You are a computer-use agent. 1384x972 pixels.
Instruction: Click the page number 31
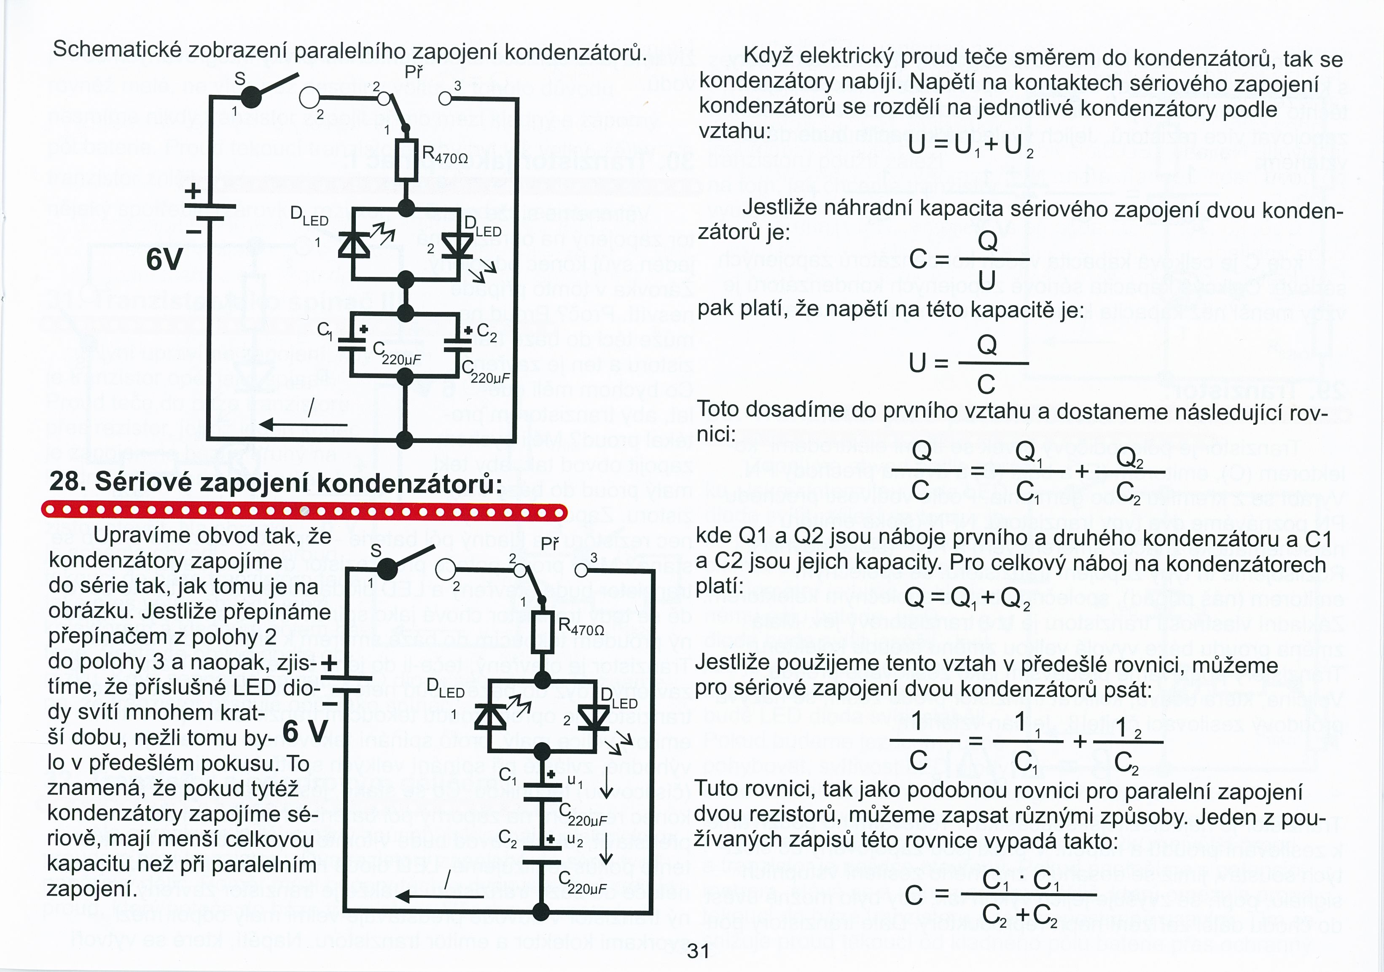[698, 951]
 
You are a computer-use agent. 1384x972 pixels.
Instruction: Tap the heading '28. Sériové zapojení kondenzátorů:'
[275, 482]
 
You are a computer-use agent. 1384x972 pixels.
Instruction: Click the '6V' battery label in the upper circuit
[164, 260]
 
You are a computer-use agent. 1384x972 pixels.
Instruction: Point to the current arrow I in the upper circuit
[303, 424]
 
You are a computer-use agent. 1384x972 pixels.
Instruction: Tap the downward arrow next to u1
[606, 787]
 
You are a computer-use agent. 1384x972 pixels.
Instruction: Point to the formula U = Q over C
[967, 363]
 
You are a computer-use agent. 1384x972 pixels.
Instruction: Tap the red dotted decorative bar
[304, 512]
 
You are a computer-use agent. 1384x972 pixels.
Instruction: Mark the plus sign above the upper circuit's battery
[193, 192]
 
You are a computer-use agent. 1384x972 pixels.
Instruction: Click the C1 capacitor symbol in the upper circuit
[352, 344]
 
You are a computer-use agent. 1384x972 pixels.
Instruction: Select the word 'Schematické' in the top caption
[118, 49]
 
